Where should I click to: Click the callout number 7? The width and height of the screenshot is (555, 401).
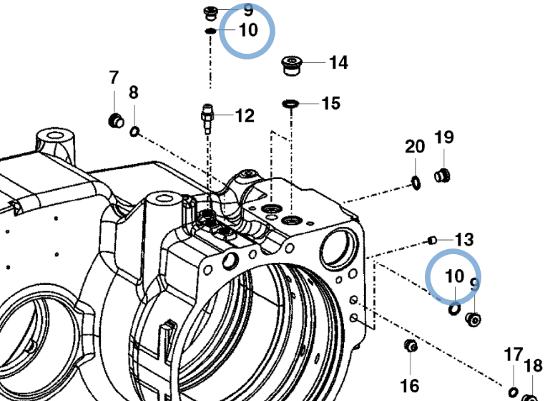coord(114,77)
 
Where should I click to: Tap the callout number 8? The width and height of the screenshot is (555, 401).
coord(133,92)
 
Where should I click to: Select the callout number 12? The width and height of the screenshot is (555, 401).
coord(245,115)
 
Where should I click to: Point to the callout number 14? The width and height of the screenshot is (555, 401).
coord(339,63)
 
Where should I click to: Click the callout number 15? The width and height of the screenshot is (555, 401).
coord(331,103)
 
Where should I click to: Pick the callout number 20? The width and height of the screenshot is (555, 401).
coord(415,146)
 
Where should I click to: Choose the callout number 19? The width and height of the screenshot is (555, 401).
coord(444,137)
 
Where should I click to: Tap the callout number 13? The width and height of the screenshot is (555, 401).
coord(464,240)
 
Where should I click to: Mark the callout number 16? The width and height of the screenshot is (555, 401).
coord(410,385)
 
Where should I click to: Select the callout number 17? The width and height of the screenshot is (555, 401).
coord(514,354)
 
